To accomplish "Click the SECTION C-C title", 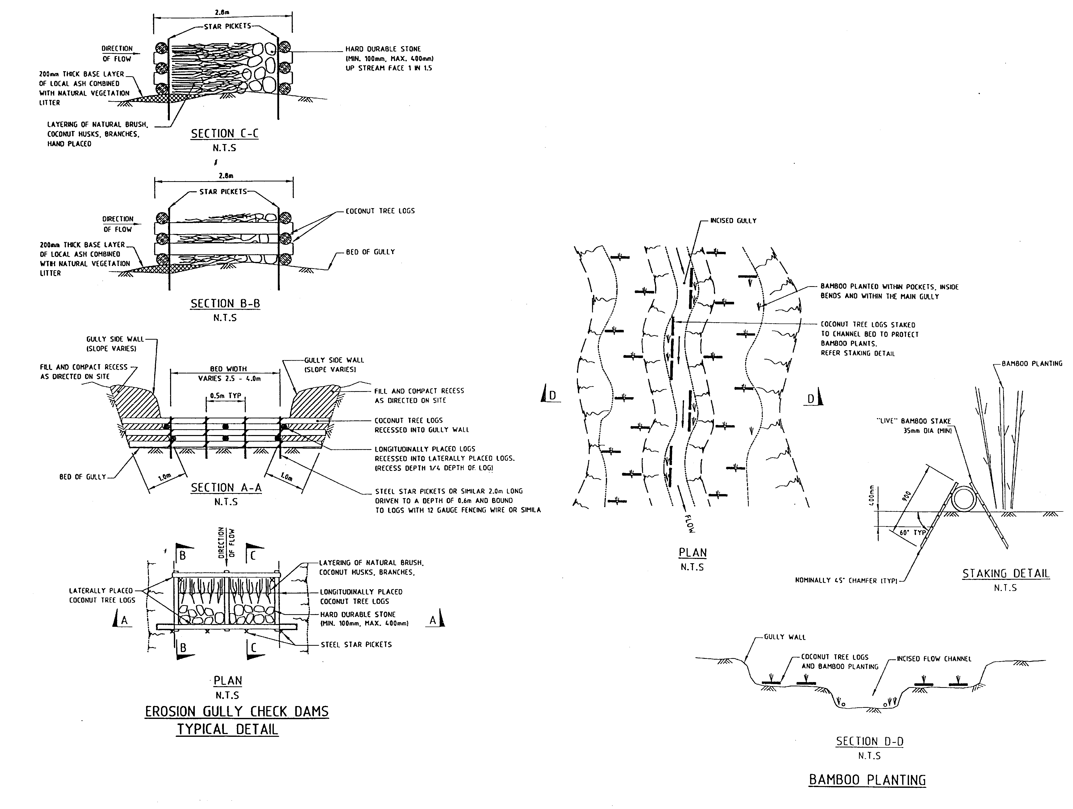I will tap(224, 134).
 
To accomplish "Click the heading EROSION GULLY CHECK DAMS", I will tap(237, 712).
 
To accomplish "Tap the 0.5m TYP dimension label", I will tap(226, 396).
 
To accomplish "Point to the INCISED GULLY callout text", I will tap(733, 221).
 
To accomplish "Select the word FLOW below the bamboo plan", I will tap(690, 524).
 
